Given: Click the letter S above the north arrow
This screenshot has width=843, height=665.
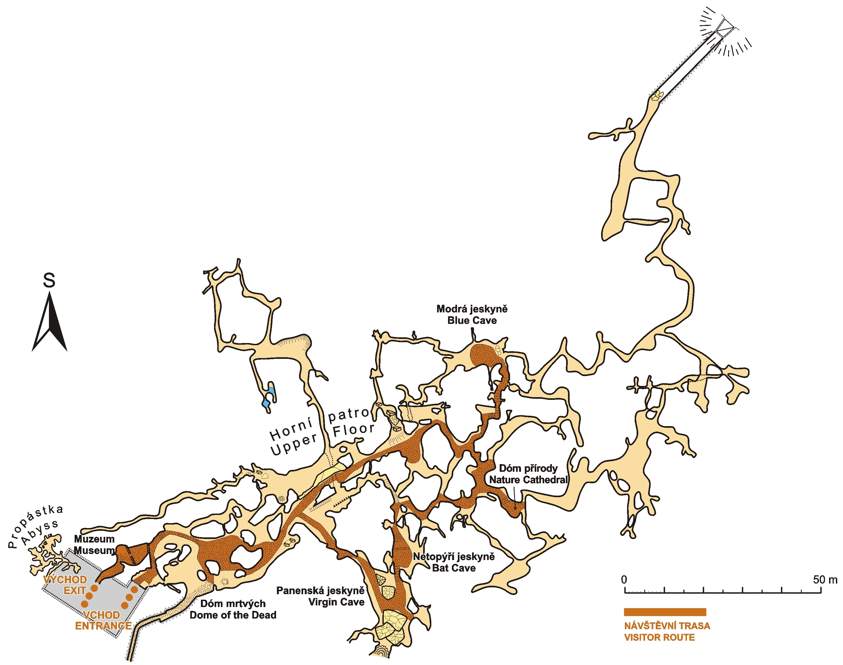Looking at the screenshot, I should (49, 280).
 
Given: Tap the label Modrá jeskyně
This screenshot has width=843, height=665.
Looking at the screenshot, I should (472, 309).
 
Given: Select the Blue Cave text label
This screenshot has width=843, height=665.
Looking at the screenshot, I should (472, 320).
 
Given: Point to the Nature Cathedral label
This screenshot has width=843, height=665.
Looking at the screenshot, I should (528, 480).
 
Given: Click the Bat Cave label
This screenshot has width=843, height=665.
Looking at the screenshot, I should (454, 568).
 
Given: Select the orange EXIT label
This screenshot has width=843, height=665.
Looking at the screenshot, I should (75, 591).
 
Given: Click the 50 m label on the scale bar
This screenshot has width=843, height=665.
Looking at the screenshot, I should (825, 580).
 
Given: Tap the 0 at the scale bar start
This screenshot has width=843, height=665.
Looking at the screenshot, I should (624, 580).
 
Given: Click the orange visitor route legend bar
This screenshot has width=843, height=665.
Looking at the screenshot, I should (665, 612).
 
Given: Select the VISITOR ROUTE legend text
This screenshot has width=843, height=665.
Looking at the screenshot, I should (659, 637).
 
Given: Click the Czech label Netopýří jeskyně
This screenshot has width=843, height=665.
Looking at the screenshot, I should (454, 557).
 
